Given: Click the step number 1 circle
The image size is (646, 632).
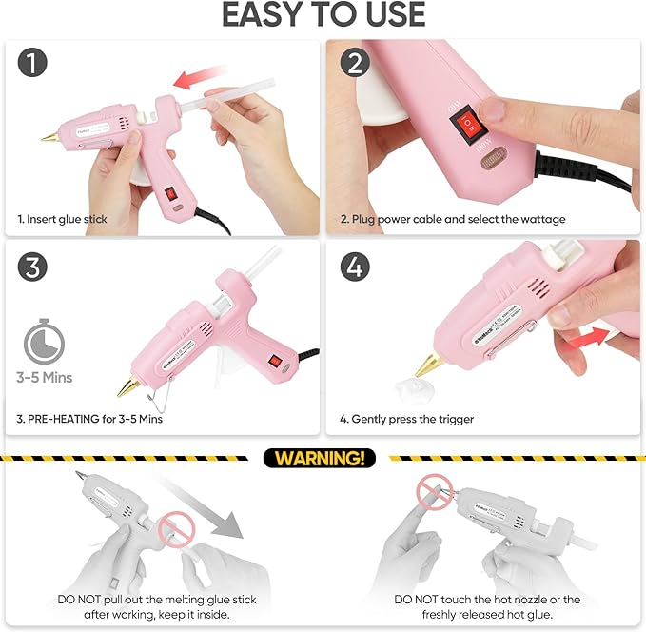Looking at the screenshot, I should (33, 65).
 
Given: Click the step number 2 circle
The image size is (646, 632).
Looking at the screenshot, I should (355, 65).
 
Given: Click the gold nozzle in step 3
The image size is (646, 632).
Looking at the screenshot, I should (127, 386).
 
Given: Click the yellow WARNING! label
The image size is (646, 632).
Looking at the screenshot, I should (319, 459).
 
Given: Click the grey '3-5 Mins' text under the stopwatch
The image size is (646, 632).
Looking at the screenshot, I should (43, 378).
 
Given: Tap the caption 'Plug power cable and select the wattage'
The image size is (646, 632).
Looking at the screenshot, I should (452, 219).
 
